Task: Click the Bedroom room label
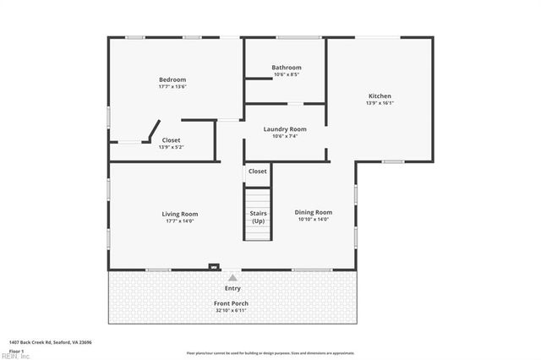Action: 172,79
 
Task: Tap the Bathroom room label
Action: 286,68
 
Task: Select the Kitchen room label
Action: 380,95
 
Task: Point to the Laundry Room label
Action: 284,129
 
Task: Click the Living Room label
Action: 179,214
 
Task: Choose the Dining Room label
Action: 313,212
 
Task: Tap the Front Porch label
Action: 231,303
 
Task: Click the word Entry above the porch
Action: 232,288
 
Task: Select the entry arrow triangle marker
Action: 232,276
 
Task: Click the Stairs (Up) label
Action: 258,217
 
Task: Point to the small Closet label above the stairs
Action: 257,172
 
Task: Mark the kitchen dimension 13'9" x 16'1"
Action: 380,103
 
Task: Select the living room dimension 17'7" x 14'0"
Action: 179,221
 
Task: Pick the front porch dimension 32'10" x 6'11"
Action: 231,311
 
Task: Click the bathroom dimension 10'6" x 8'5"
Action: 286,75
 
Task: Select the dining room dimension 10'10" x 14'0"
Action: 313,220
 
